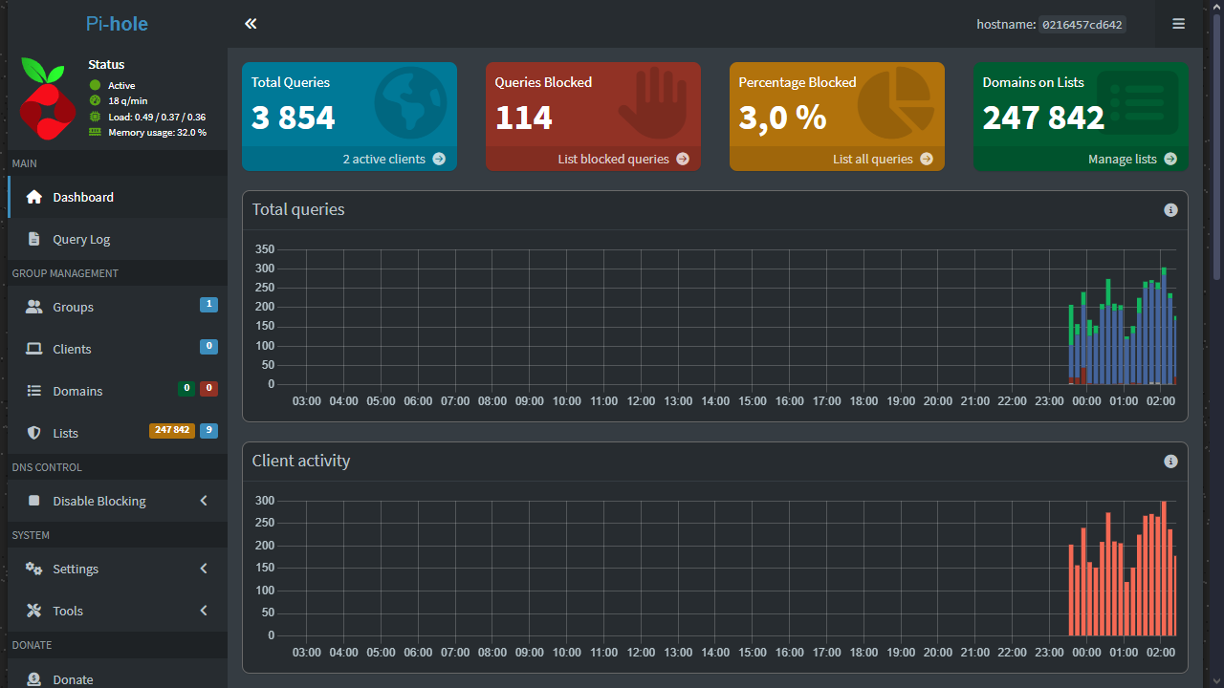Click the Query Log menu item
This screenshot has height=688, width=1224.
click(81, 240)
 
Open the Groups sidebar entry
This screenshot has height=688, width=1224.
click(73, 307)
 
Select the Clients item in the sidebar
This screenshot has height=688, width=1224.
click(72, 349)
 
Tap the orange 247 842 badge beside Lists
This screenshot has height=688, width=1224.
click(171, 431)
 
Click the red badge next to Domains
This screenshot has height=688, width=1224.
click(208, 389)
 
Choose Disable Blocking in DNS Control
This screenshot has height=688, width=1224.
click(98, 501)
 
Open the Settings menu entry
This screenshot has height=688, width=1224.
click(76, 569)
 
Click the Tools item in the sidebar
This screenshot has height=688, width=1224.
click(68, 611)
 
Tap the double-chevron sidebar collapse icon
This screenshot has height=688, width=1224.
click(251, 24)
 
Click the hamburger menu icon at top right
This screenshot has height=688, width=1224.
click(1178, 24)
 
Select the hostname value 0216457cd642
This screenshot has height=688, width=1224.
click(1082, 25)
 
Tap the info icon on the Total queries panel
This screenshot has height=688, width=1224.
click(1170, 210)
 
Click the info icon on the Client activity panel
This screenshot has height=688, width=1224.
click(1170, 462)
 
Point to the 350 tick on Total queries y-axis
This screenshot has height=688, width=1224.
click(265, 249)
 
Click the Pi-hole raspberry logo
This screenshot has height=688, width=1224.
click(46, 99)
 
